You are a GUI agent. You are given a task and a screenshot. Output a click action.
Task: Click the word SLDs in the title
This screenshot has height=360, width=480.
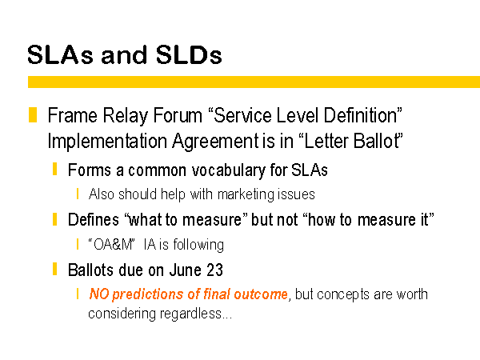(189, 55)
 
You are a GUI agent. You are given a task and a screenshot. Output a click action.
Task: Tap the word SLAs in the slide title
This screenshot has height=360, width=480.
(60, 55)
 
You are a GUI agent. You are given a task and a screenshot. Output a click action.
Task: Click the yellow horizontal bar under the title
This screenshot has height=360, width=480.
(254, 82)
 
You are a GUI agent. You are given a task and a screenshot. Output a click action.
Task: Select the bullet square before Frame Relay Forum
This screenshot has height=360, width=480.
(33, 114)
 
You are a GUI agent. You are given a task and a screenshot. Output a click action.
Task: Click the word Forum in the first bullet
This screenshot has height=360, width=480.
(178, 115)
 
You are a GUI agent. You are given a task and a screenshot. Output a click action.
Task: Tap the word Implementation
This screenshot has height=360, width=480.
(107, 142)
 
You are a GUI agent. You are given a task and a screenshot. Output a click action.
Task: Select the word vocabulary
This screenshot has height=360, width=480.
(228, 171)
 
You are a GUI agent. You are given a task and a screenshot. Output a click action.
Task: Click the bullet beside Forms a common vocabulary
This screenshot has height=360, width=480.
(54, 169)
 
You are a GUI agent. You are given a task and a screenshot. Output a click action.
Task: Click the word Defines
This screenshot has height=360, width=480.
(94, 220)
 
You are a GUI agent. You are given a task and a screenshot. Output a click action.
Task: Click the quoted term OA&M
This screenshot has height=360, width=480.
(112, 245)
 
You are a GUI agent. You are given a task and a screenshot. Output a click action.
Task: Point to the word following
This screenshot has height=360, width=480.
(198, 246)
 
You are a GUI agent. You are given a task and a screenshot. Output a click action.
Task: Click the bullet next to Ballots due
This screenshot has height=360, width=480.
(54, 269)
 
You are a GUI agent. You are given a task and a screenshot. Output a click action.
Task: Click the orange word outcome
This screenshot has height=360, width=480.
(261, 294)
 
